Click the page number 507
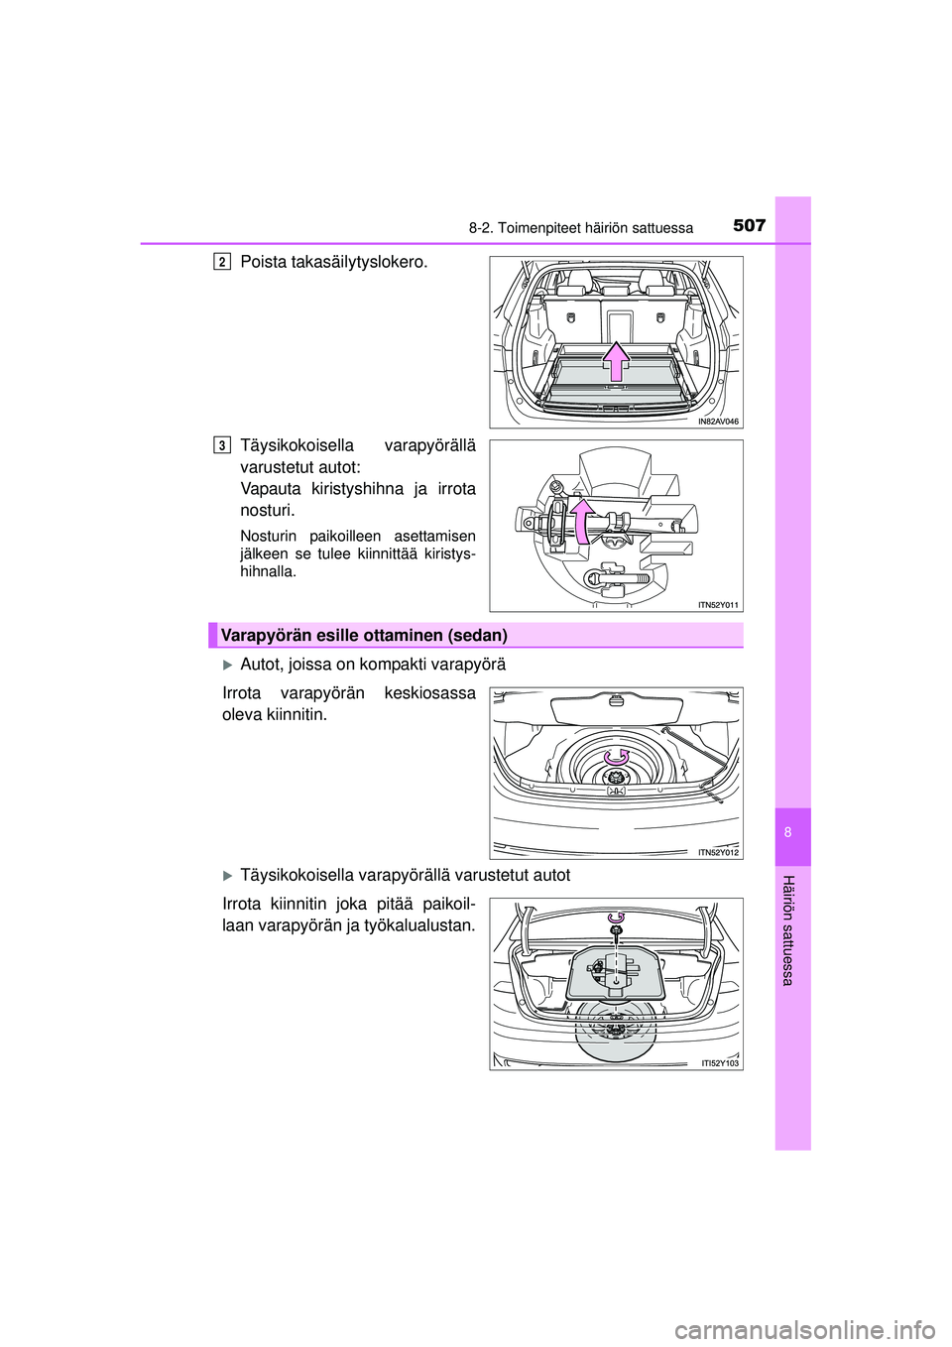(x=750, y=226)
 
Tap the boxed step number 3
(x=222, y=445)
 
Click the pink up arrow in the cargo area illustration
(x=616, y=360)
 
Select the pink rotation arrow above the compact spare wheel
(x=617, y=756)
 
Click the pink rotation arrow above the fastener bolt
(x=616, y=918)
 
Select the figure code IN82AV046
(x=718, y=422)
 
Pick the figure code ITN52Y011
(x=719, y=604)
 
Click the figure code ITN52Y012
(x=719, y=852)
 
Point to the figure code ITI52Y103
(x=720, y=1063)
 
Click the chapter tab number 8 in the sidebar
(x=792, y=833)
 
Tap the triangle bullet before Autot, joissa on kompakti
(x=227, y=666)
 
